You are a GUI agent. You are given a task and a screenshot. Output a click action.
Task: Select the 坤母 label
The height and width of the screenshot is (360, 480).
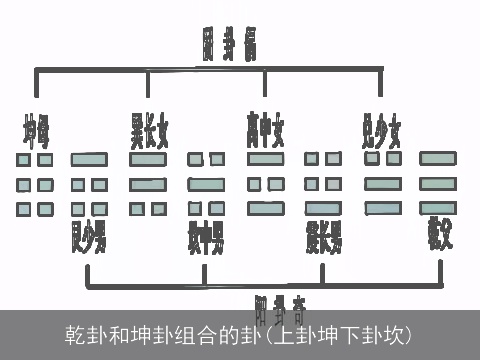coord(37,129)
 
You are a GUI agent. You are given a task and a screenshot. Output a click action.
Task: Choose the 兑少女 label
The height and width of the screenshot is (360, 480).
coord(381,129)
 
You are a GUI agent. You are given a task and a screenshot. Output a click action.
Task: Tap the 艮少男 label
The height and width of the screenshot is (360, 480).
coord(89,238)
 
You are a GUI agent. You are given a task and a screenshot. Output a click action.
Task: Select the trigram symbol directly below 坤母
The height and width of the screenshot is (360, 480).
coord(35,184)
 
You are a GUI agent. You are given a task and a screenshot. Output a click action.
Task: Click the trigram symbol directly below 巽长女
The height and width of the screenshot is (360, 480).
coord(147,184)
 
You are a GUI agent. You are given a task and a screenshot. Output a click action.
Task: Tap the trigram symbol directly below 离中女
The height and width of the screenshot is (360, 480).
coord(264,183)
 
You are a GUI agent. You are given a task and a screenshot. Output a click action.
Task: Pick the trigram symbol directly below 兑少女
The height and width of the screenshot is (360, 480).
coord(382,183)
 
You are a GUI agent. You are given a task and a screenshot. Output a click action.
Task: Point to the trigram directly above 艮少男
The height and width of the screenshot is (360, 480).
coord(89,183)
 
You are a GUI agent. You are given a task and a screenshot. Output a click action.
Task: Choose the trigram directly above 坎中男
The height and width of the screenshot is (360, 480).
coord(205,183)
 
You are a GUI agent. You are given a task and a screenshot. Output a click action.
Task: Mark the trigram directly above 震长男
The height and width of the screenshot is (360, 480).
coord(323,183)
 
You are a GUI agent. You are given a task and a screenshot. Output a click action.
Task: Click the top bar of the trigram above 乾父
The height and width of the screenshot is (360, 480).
coord(437,159)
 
